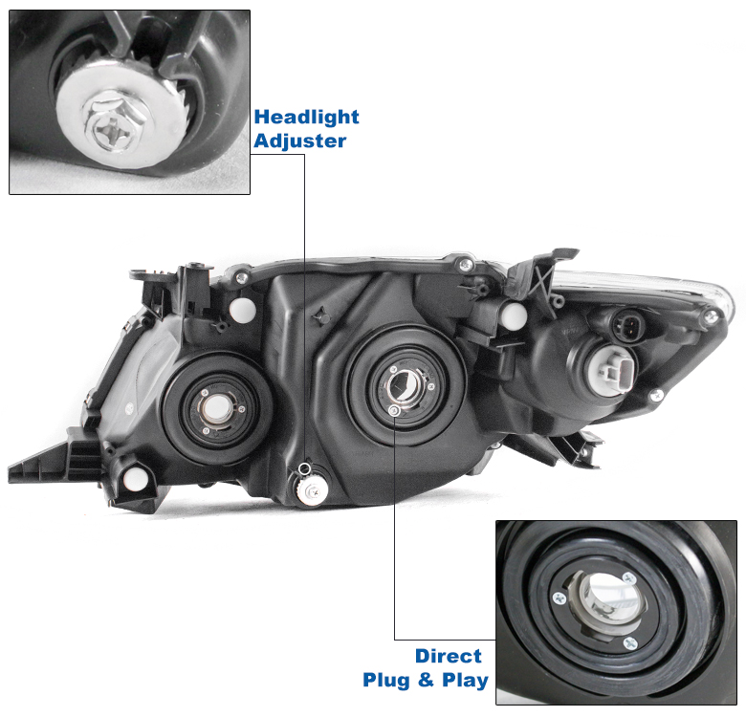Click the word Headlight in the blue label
coord(306,117)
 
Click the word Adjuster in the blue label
coord(300,141)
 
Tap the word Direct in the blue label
coord(449,656)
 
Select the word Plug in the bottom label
coord(387,680)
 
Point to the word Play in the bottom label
coord(465,681)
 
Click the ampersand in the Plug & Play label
coord(427,680)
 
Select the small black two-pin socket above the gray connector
coord(627,327)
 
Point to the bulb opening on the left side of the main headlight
coord(217,408)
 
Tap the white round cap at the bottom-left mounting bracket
coord(135,479)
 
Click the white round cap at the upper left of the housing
coord(243,310)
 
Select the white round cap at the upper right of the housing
coord(514,315)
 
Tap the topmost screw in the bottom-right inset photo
coord(630,578)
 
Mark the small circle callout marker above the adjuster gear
coord(303,470)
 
